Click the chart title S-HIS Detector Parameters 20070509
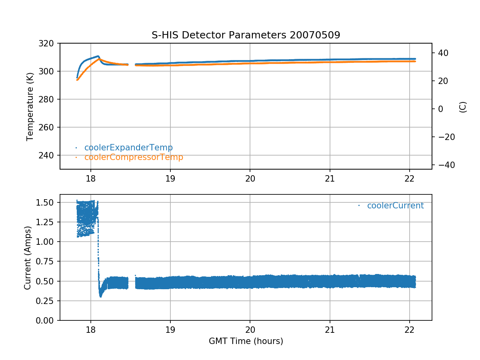pyautogui.click(x=246, y=35)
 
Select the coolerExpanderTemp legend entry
pyautogui.click(x=128, y=148)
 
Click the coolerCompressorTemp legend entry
pyautogui.click(x=134, y=157)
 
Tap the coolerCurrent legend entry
pyautogui.click(x=395, y=206)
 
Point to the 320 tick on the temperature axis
pyautogui.click(x=49, y=43)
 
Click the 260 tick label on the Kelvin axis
pyautogui.click(x=49, y=127)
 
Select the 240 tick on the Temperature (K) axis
pyautogui.click(x=49, y=155)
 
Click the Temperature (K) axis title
pyautogui.click(x=30, y=106)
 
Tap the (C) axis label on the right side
pyautogui.click(x=463, y=107)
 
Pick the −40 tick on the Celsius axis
pyautogui.click(x=444, y=165)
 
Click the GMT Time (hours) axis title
pyautogui.click(x=246, y=341)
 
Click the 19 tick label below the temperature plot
pyautogui.click(x=170, y=178)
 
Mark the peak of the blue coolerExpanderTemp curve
pyautogui.click(x=98, y=56)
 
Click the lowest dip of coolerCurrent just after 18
pyautogui.click(x=100, y=296)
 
